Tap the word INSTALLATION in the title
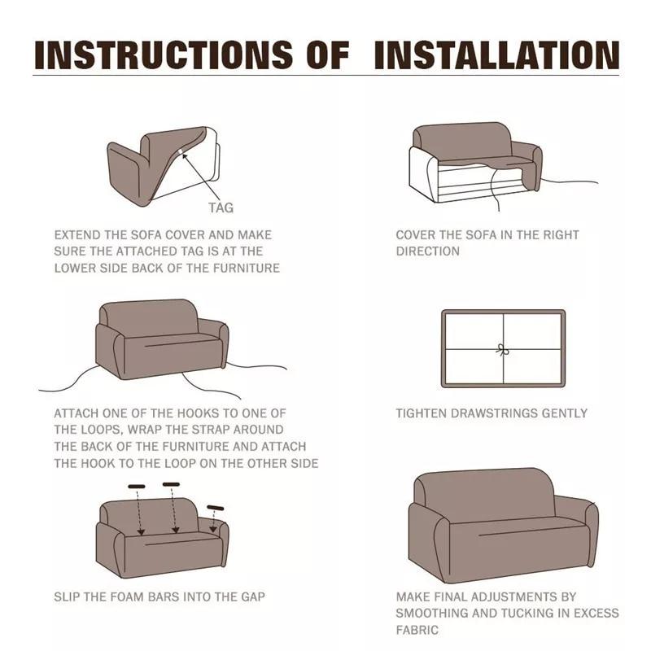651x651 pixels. click(x=496, y=55)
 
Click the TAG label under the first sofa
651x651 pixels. click(x=221, y=208)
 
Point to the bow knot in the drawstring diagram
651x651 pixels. click(x=502, y=349)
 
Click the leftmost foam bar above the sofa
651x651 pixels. click(x=137, y=487)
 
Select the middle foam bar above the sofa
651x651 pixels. click(x=171, y=485)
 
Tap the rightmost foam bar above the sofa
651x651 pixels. click(x=216, y=508)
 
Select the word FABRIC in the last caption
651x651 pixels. click(x=417, y=630)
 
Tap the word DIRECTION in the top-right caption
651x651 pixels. click(x=428, y=251)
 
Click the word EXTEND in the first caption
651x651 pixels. click(x=78, y=234)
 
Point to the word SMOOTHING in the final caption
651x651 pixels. click(x=435, y=613)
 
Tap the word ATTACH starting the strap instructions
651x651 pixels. click(x=76, y=413)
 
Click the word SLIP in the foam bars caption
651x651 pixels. click(x=68, y=596)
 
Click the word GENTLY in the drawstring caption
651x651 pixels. click(x=566, y=413)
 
